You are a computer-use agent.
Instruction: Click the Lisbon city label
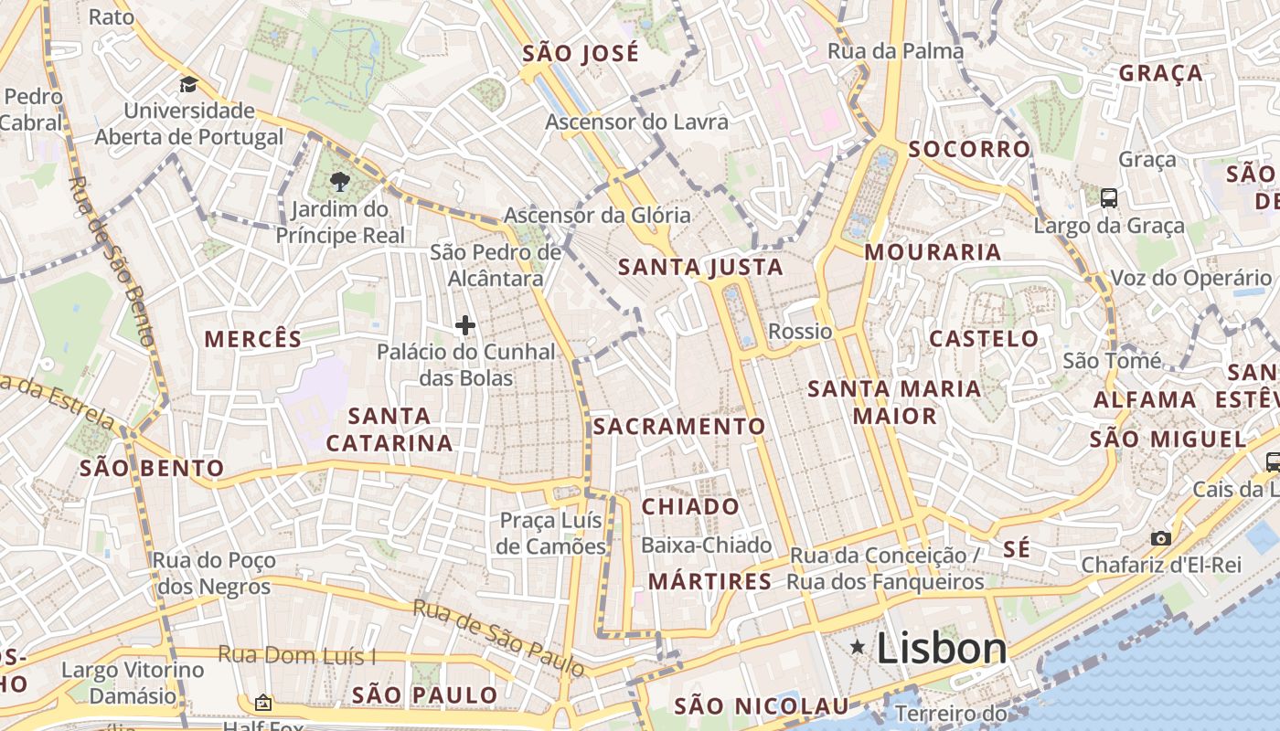pos(941,649)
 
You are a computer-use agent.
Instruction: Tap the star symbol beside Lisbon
pos(858,648)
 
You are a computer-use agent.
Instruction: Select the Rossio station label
pos(800,332)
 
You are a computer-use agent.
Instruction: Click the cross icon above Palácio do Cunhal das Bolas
pos(465,324)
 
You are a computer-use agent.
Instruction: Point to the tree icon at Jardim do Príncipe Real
pos(340,181)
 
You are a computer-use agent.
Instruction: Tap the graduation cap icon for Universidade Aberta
pos(188,84)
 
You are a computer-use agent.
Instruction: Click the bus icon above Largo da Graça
pos(1108,197)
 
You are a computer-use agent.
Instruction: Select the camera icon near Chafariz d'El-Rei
pos(1160,538)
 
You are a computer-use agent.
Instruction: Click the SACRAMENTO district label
pos(679,427)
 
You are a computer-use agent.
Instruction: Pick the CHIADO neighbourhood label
pos(690,506)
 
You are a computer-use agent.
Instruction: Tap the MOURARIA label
pos(933,252)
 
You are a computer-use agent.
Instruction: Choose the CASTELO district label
pos(984,339)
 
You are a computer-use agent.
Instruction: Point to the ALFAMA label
pos(1145,399)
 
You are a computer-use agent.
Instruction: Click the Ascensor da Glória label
pos(597,217)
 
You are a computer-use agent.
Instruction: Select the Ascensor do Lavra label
pos(636,122)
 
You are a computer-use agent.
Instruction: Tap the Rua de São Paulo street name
pos(497,637)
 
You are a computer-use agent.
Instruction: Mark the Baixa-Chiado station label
pos(707,546)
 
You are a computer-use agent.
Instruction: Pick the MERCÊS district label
pos(252,339)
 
